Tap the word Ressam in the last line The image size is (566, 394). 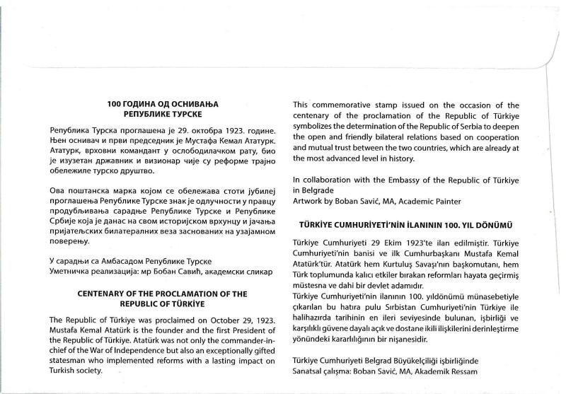tap(461, 372)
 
